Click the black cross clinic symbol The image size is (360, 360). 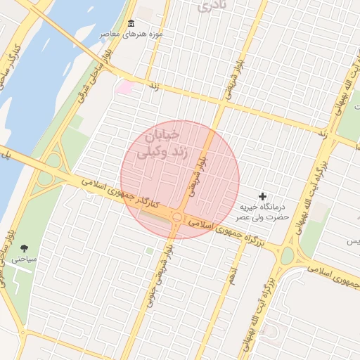click(263, 195)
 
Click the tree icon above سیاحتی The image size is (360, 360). click(25, 248)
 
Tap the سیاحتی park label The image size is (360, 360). click(23, 259)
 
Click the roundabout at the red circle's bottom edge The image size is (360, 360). click(177, 218)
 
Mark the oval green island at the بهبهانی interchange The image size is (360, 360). click(287, 255)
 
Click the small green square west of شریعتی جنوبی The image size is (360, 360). click(149, 250)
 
